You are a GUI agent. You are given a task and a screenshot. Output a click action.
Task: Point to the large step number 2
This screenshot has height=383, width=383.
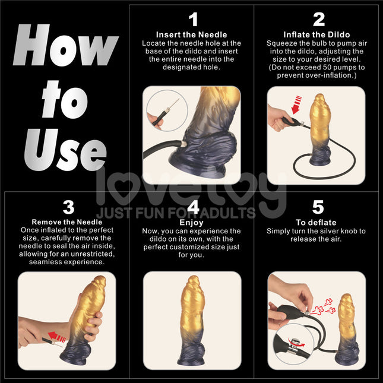click(x=319, y=20)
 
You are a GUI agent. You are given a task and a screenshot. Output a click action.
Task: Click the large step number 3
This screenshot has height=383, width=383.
click(x=69, y=207)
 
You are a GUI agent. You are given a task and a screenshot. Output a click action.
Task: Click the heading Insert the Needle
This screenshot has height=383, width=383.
click(x=191, y=35)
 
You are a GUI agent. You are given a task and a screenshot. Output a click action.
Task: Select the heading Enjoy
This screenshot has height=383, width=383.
click(x=192, y=222)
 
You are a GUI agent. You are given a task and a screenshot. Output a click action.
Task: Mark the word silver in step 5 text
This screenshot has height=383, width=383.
click(x=337, y=230)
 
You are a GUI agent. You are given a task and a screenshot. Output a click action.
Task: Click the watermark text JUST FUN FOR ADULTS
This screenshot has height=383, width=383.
click(x=176, y=213)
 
